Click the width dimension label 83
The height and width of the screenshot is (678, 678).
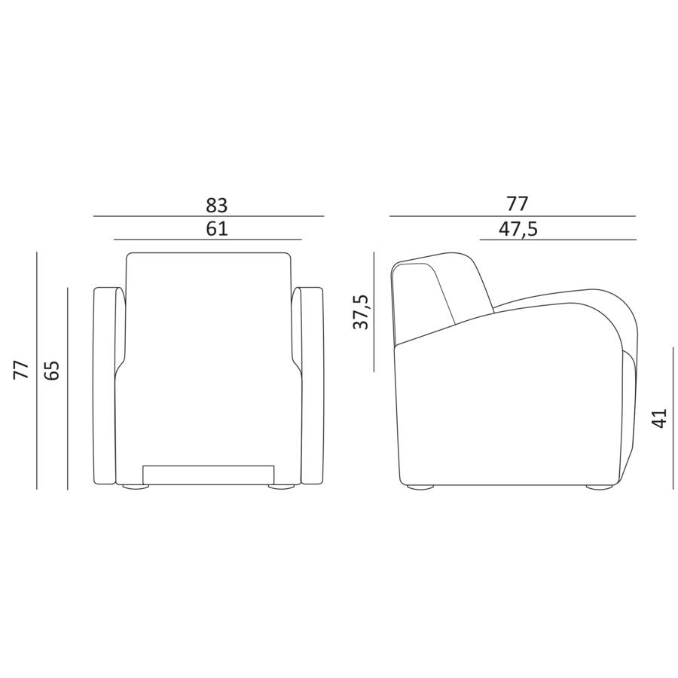coord(217,205)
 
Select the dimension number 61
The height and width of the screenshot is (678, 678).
coord(217,228)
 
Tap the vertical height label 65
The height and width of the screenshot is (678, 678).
coord(52,370)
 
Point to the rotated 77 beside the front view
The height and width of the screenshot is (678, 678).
coord(22,370)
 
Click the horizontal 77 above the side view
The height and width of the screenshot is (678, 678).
coord(518,204)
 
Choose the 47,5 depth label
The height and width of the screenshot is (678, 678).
coord(518,228)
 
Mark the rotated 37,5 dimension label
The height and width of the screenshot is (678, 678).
coord(361,312)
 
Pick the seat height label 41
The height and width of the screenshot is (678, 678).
coord(659,418)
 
